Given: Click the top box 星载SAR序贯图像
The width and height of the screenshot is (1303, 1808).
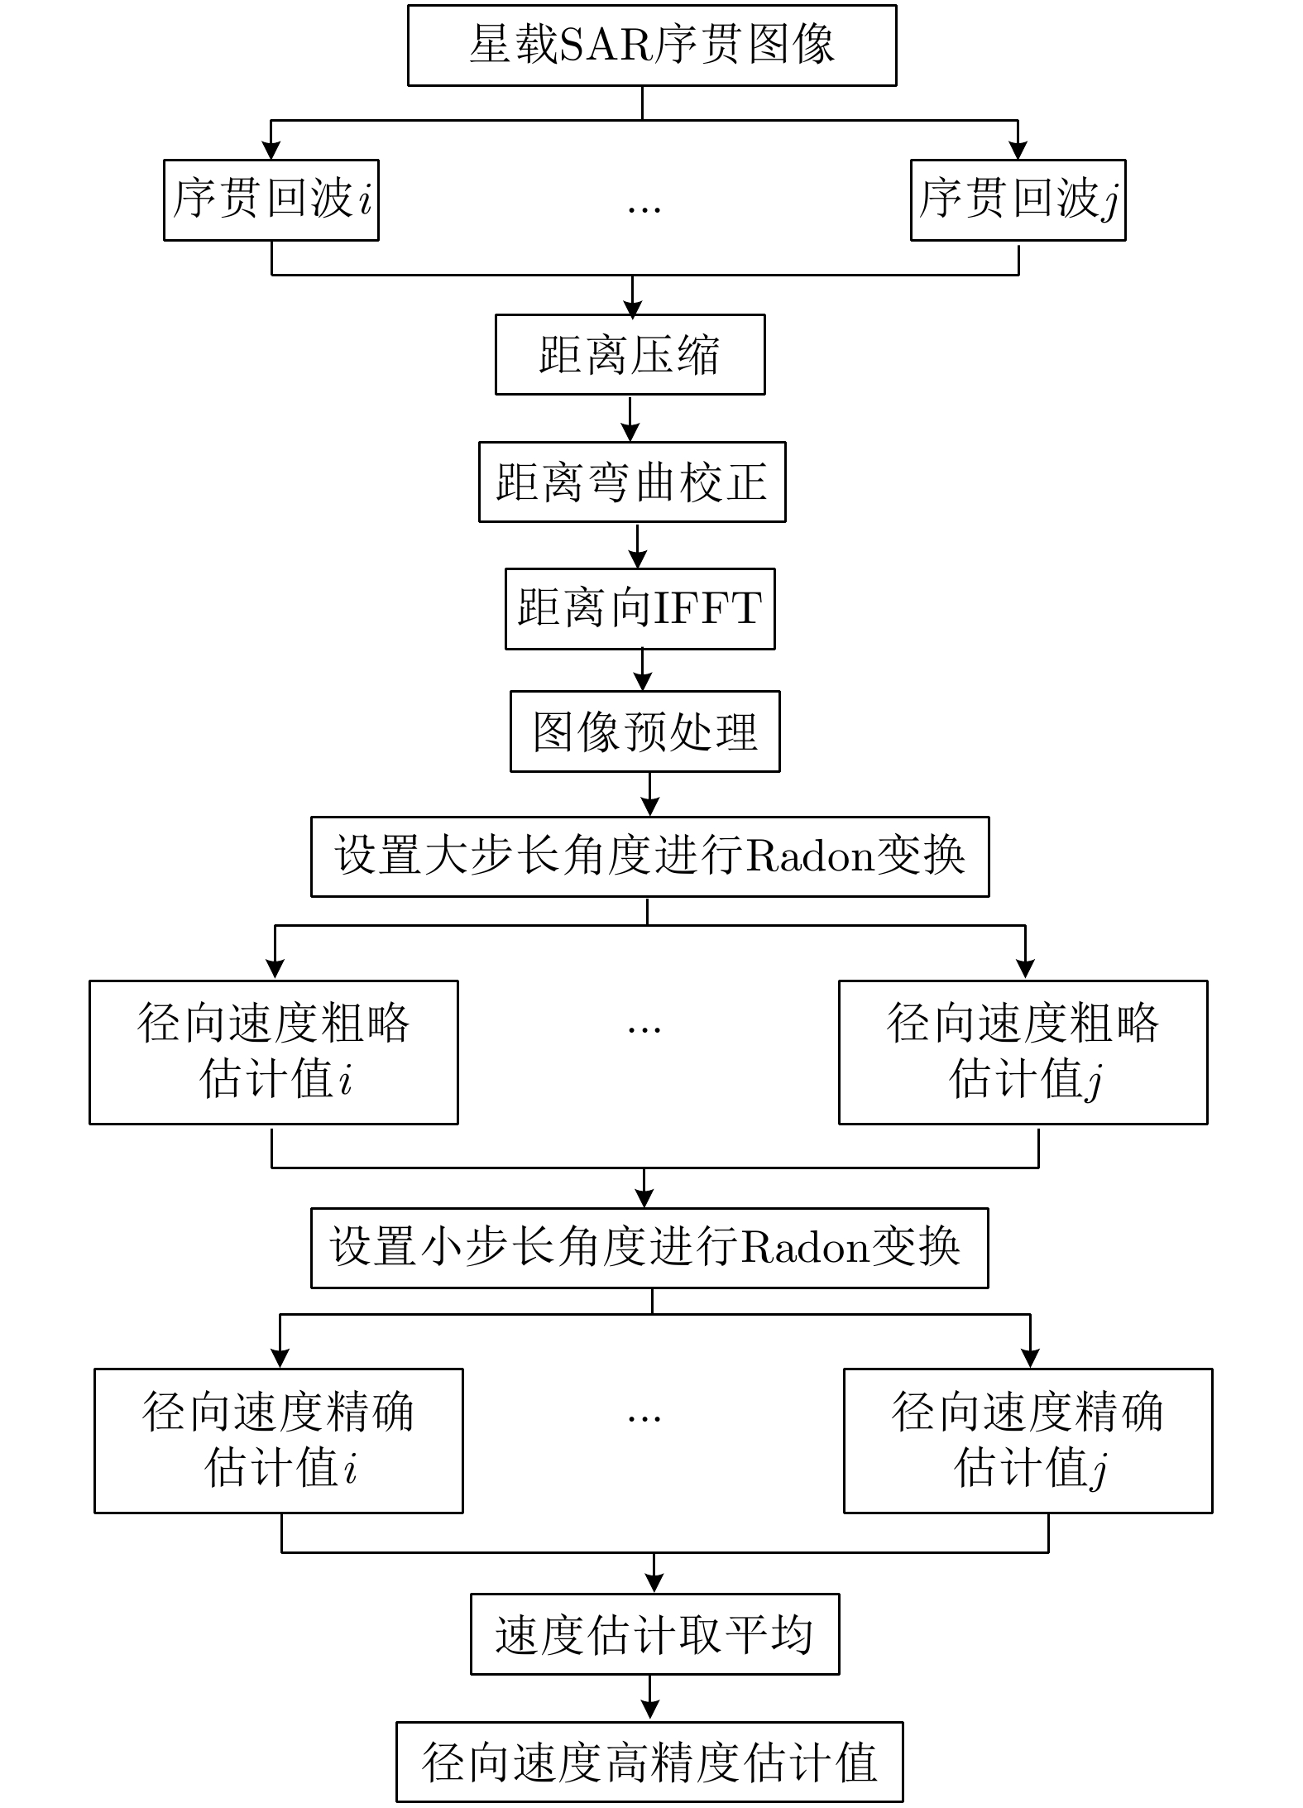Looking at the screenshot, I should pyautogui.click(x=651, y=45).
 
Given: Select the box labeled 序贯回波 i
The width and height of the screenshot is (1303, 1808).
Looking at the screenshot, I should pyautogui.click(x=271, y=200).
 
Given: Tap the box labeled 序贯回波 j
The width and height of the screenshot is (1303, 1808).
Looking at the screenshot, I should pyautogui.click(x=1018, y=200).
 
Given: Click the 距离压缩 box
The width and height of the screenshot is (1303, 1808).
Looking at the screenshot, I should pyautogui.click(x=630, y=354).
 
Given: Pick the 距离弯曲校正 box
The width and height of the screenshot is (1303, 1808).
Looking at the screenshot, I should pyautogui.click(x=631, y=482).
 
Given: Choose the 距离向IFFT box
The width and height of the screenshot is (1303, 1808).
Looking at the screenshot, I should pyautogui.click(x=640, y=608).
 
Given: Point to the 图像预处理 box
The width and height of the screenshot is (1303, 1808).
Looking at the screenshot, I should pyautogui.click(x=644, y=731).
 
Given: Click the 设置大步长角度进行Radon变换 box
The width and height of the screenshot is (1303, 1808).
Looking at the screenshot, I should pyautogui.click(x=649, y=856).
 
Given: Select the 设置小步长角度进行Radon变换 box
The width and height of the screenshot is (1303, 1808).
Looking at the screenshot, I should pyautogui.click(x=649, y=1248).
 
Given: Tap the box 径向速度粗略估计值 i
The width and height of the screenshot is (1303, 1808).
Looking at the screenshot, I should pyautogui.click(x=273, y=1052).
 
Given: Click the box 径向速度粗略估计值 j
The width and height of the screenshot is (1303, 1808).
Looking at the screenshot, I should pyautogui.click(x=1023, y=1052).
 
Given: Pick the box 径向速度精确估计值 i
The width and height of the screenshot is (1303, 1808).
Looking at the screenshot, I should pyautogui.click(x=278, y=1441).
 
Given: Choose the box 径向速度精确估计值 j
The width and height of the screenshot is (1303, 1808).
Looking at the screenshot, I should pyautogui.click(x=1028, y=1441).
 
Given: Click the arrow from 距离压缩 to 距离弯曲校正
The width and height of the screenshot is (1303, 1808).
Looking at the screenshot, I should pyautogui.click(x=630, y=419).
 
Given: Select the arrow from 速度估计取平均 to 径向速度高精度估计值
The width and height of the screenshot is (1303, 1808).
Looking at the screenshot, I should pyautogui.click(x=650, y=1698).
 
